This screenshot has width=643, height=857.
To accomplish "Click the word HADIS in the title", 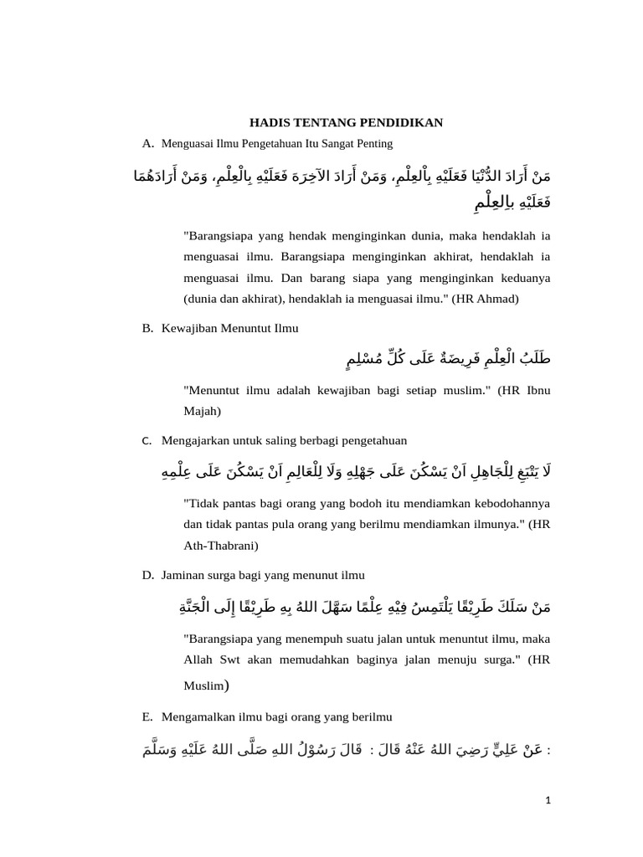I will [269, 123].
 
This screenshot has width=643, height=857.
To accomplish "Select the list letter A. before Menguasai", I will [148, 144].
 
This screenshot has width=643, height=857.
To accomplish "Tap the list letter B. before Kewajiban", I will [148, 328].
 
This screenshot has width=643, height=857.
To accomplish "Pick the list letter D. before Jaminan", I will [148, 575].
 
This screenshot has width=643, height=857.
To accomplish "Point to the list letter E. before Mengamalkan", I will [148, 717].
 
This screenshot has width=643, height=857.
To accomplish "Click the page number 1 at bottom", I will [548, 801].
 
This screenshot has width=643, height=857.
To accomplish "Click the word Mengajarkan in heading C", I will [196, 440].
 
